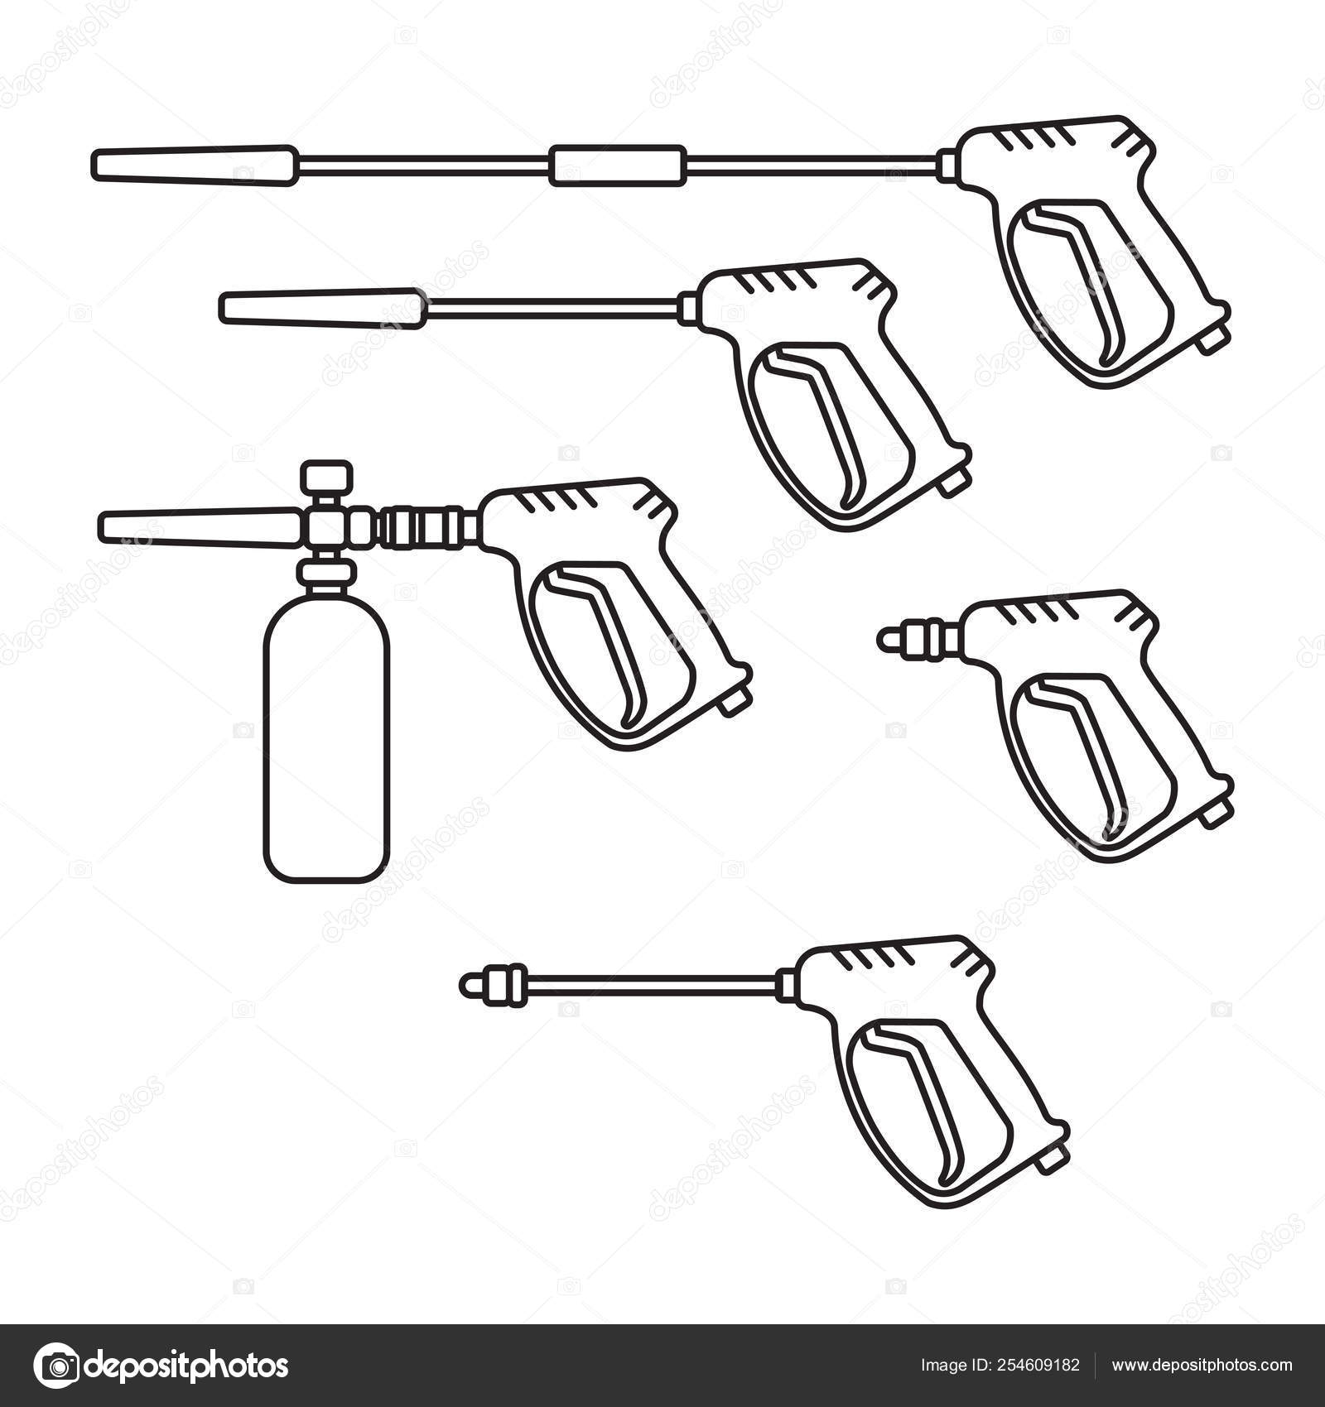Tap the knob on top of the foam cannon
(x=326, y=478)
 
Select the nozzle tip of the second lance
(x=323, y=306)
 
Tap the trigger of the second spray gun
(x=814, y=426)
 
